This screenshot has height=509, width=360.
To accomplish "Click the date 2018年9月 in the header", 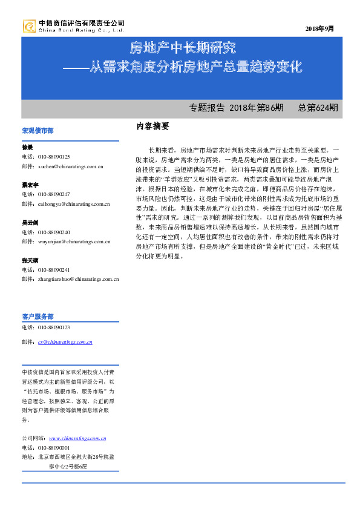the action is pyautogui.click(x=319, y=28).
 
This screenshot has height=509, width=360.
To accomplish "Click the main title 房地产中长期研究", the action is pyautogui.click(x=183, y=48).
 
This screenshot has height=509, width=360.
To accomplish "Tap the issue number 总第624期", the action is pyautogui.click(x=318, y=108).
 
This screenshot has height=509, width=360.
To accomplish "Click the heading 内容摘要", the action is pyautogui.click(x=152, y=126).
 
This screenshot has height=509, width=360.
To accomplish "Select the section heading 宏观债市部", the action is pyautogui.click(x=38, y=131).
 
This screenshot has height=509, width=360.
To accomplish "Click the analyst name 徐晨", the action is pyautogui.click(x=27, y=147).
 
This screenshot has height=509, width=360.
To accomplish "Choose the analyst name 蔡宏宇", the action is pyautogui.click(x=30, y=185).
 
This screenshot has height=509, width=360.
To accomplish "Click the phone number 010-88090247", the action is pyautogui.click(x=54, y=194).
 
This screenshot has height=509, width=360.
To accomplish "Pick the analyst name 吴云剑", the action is pyautogui.click(x=30, y=223).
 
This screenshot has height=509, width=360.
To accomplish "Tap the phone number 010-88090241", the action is pyautogui.click(x=54, y=270).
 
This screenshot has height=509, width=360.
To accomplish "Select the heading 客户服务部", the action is pyautogui.click(x=38, y=317).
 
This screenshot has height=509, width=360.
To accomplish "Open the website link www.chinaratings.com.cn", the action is pyautogui.click(x=77, y=438).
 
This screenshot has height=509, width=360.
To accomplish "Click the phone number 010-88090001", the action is pyautogui.click(x=54, y=448).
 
